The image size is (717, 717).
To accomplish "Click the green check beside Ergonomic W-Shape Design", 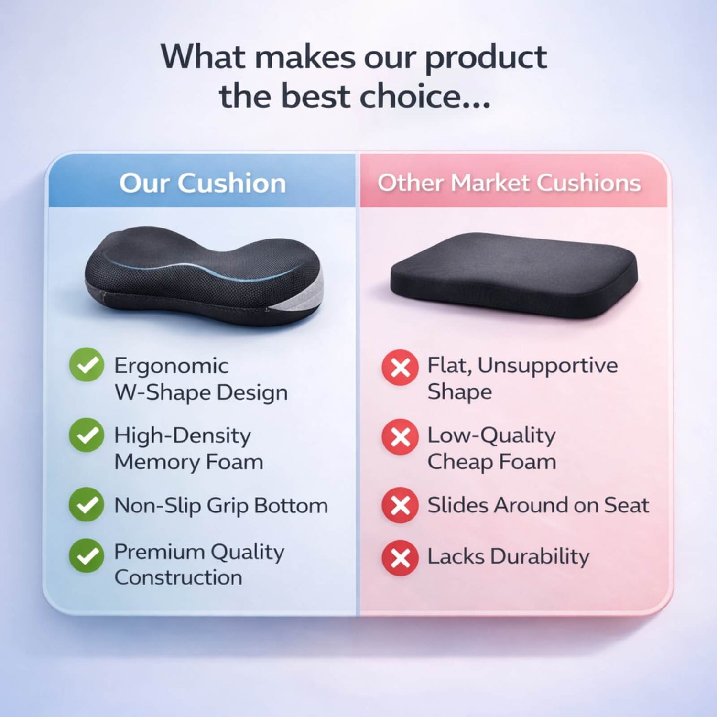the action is [x=87, y=365].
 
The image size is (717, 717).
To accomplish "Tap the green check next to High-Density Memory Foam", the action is [x=87, y=435].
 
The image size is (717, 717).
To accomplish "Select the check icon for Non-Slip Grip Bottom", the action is [x=87, y=504].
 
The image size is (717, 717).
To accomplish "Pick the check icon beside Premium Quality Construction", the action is [x=87, y=556].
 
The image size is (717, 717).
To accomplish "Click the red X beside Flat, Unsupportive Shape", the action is [x=400, y=367].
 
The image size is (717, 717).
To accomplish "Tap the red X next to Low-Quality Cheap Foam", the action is [x=400, y=436].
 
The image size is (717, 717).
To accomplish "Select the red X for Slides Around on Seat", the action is [x=400, y=505].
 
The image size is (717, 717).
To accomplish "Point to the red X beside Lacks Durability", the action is [x=400, y=557].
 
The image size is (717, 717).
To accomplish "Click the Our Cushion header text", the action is [x=203, y=183].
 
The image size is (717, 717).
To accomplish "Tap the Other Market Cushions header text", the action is [x=509, y=183].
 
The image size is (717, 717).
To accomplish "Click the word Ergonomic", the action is [x=171, y=367].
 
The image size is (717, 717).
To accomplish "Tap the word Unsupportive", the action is [x=548, y=366].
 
